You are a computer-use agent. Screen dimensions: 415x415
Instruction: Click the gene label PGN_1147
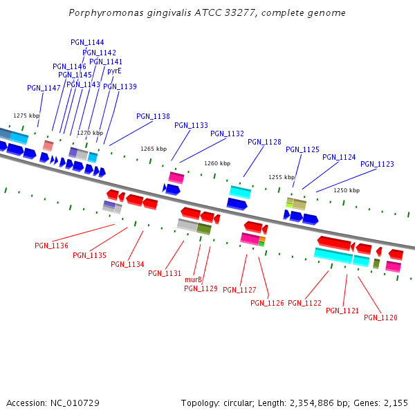pyautogui.click(x=44, y=88)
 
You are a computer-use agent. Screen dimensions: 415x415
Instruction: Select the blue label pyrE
pyautogui.click(x=114, y=71)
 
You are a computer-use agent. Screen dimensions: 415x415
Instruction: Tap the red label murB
pyautogui.click(x=193, y=279)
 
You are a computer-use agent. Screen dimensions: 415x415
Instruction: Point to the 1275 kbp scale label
pyautogui.click(x=26, y=116)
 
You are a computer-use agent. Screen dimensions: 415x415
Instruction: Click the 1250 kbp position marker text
pyautogui.click(x=347, y=190)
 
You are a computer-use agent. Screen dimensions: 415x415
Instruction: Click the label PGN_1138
pyautogui.click(x=153, y=116)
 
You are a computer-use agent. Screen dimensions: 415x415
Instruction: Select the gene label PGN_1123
pyautogui.click(x=377, y=164)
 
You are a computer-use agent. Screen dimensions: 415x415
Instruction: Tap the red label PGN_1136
pyautogui.click(x=51, y=246)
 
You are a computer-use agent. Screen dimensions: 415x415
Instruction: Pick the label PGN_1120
pyautogui.click(x=380, y=317)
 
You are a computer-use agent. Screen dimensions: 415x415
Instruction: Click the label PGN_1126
pyautogui.click(x=267, y=303)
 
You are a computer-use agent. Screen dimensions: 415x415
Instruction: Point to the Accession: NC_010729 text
pyautogui.click(x=53, y=403)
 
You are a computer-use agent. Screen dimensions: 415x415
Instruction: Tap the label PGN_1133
pyautogui.click(x=191, y=125)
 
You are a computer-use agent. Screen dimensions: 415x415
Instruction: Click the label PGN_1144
pyautogui.click(x=87, y=42)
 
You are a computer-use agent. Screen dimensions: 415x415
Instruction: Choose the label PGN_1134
pyautogui.click(x=127, y=264)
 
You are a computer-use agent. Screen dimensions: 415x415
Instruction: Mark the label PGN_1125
pyautogui.click(x=302, y=149)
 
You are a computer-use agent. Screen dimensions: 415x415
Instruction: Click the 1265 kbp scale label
pyautogui.click(x=154, y=149)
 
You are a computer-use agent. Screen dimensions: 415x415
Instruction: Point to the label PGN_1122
pyautogui.click(x=304, y=303)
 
